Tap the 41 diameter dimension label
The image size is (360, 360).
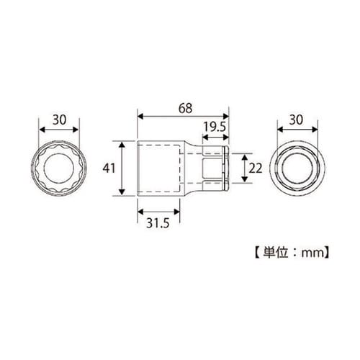109,168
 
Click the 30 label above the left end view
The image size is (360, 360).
60,120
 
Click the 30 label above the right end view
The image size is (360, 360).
297,120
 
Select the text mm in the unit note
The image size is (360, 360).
313,252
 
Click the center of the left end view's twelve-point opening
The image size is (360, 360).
60,169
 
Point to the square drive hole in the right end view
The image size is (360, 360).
297,169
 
